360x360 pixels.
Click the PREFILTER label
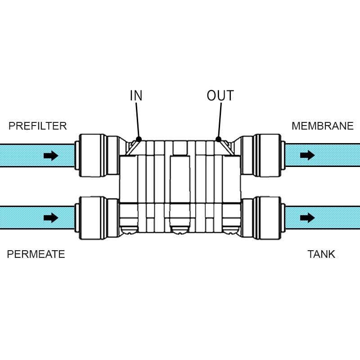38,126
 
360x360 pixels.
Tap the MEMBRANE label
322,126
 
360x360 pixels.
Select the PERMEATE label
36,254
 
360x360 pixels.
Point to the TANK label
321,254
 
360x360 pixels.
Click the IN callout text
136,96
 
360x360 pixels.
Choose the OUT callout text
220,96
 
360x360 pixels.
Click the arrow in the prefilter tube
51,156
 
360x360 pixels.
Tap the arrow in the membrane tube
307,155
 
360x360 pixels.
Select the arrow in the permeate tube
51,218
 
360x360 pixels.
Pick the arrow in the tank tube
307,218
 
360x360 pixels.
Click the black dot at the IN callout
139,139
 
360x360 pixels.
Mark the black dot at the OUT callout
218,139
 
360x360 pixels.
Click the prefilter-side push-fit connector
92,155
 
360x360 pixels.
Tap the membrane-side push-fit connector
268,155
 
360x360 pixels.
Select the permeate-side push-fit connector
92,218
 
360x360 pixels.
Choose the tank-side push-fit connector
268,218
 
